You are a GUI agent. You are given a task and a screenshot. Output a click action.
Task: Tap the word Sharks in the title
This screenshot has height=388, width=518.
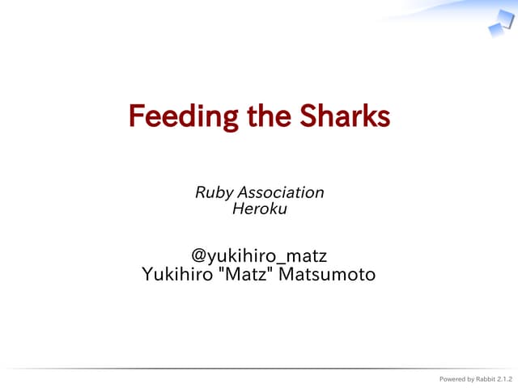point(345,117)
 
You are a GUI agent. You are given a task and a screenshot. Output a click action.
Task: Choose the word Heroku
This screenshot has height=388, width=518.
point(259,209)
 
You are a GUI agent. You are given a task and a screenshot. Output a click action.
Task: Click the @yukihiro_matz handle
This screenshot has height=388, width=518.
point(259,257)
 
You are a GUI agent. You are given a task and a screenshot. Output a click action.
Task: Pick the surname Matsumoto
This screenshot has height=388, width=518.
point(327,275)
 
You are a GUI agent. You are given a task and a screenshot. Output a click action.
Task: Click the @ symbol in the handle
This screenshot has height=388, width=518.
point(199,257)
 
